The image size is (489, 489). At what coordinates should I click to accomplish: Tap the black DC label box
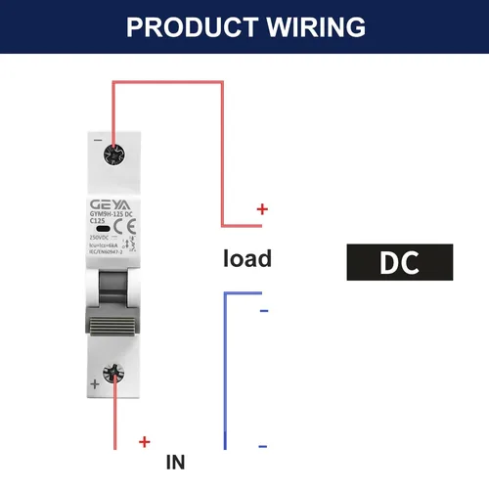coord(400,262)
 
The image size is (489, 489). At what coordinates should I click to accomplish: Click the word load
coord(247,259)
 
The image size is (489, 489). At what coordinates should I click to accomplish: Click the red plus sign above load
coord(261,208)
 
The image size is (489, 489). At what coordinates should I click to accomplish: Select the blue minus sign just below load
coord(262,312)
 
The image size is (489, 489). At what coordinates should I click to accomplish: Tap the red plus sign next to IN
coord(145,442)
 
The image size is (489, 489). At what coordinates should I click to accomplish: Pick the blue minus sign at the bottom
coord(262,447)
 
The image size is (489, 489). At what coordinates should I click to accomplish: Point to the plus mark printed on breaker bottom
coord(94,384)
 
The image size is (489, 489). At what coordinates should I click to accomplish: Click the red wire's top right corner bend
coord(223,83)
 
